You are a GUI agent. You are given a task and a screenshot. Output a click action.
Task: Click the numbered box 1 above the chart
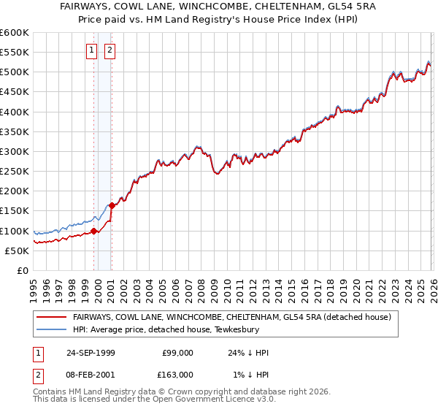(91, 50)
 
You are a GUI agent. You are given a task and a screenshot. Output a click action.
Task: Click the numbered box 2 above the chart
(109, 50)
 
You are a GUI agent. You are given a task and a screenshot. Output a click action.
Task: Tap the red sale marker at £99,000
(94, 232)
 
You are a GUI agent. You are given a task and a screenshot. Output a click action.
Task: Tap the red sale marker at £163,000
(112, 206)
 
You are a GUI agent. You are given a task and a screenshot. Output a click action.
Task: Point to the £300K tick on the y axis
(15, 152)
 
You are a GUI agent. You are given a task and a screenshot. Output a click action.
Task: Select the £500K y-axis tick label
(15, 72)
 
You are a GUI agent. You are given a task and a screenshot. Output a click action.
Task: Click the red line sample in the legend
(53, 317)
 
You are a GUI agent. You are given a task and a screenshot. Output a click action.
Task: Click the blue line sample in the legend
(53, 329)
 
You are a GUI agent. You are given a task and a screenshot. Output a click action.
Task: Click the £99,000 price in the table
(177, 353)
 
